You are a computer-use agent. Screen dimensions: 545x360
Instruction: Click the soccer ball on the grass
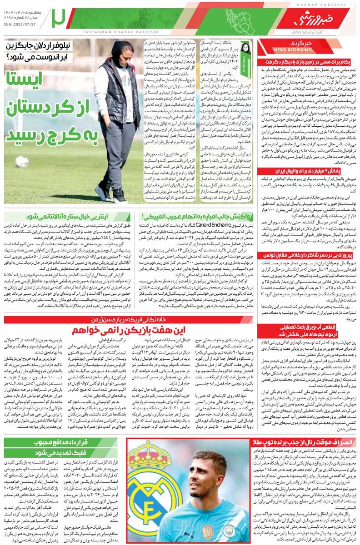tap(22, 161)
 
